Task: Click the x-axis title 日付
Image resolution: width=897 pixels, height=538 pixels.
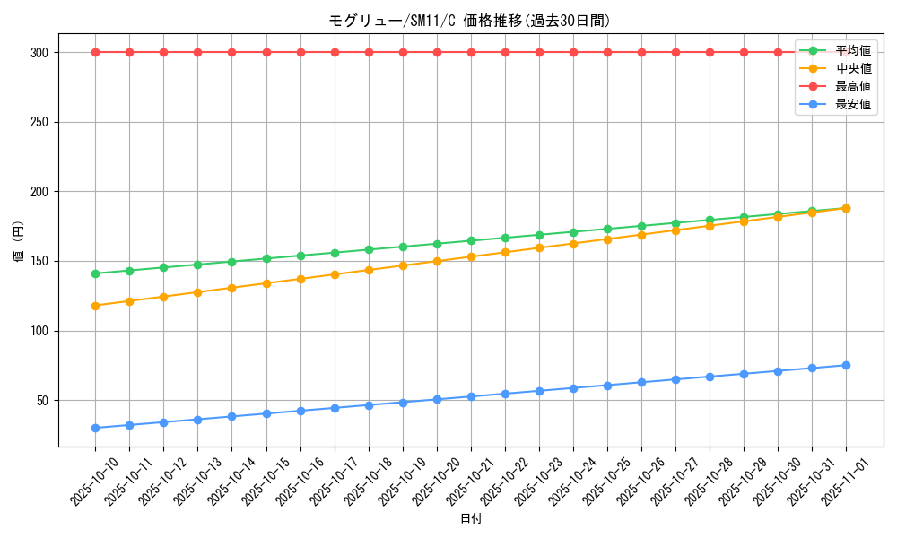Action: pos(471,519)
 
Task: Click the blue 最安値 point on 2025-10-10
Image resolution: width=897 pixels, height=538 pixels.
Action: pos(95,428)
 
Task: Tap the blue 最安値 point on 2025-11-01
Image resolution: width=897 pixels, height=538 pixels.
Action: pos(846,365)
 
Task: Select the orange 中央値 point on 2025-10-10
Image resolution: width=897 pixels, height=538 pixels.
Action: pos(95,306)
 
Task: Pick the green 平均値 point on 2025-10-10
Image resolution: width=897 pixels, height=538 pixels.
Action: pos(95,273)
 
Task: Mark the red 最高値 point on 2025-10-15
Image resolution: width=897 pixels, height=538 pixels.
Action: pos(266,52)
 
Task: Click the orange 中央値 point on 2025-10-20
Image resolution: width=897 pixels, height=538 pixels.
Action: pos(437,262)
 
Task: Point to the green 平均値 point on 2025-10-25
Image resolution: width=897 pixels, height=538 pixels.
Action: pos(607,229)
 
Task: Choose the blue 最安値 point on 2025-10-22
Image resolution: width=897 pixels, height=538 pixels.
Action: pos(505,394)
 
